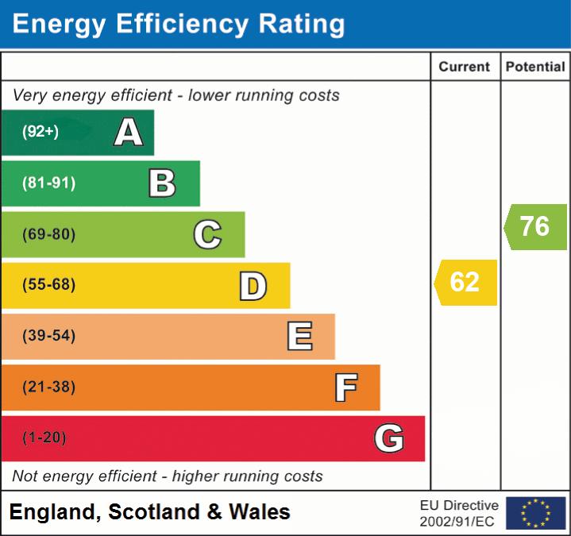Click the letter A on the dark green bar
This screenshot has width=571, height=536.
(x=129, y=132)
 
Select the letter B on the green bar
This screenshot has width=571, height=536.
(x=162, y=183)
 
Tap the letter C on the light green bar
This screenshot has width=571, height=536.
(x=207, y=234)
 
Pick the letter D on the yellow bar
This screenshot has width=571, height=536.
(x=253, y=286)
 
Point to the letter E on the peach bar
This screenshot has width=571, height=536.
(x=299, y=337)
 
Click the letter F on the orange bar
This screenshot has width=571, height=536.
(x=345, y=388)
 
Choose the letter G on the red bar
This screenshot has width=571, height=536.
(x=389, y=438)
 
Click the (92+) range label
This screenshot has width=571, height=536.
(x=41, y=132)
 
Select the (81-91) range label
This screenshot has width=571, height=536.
(x=49, y=183)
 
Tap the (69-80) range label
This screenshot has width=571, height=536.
(x=49, y=234)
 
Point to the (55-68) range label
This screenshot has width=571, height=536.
(x=49, y=285)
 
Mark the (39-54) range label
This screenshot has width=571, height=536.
(x=49, y=336)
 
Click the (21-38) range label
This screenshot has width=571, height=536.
(x=49, y=387)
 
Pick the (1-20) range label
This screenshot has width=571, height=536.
(x=44, y=438)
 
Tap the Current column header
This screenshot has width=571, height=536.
(x=465, y=67)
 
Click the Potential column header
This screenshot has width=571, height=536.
(x=535, y=67)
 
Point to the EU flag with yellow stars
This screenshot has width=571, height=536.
(x=535, y=513)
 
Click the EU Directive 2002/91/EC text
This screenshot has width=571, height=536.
(x=459, y=513)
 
